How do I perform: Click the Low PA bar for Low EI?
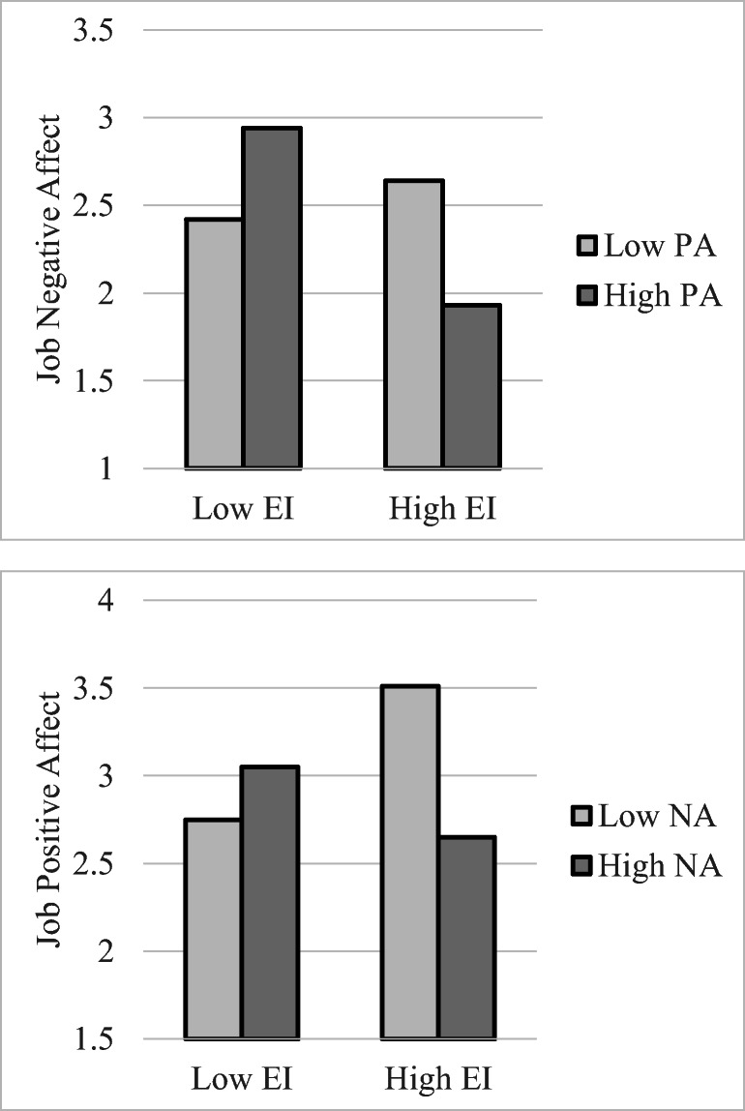pos(214,344)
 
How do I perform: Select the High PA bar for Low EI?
pos(272,298)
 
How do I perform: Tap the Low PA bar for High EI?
pos(414,324)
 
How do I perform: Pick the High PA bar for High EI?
pos(471,386)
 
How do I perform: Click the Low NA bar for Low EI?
pos(214,929)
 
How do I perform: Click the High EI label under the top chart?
pos(442,510)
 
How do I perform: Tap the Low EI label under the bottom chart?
pos(242,1080)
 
